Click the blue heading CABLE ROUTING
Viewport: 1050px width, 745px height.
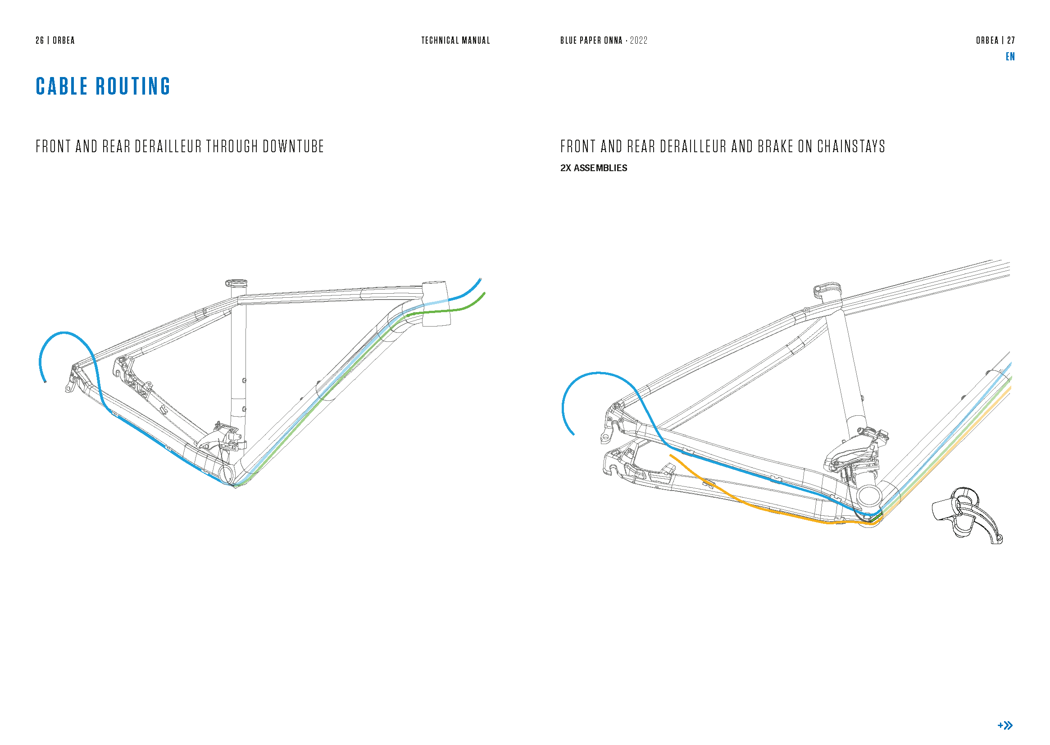click(x=103, y=86)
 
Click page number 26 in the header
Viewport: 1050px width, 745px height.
click(x=40, y=41)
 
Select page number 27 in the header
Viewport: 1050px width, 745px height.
click(x=1010, y=41)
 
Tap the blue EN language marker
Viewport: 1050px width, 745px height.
click(x=1009, y=56)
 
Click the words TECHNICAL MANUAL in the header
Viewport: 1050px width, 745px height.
click(x=455, y=41)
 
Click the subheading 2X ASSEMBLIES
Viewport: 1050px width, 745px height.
click(x=593, y=168)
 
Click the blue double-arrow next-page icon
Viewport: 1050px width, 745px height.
click(x=1005, y=725)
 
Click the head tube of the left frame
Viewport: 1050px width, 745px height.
click(x=436, y=304)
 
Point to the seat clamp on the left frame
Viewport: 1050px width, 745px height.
click(x=236, y=283)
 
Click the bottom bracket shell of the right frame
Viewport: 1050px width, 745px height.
click(x=868, y=496)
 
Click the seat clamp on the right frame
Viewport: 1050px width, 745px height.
click(x=827, y=290)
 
